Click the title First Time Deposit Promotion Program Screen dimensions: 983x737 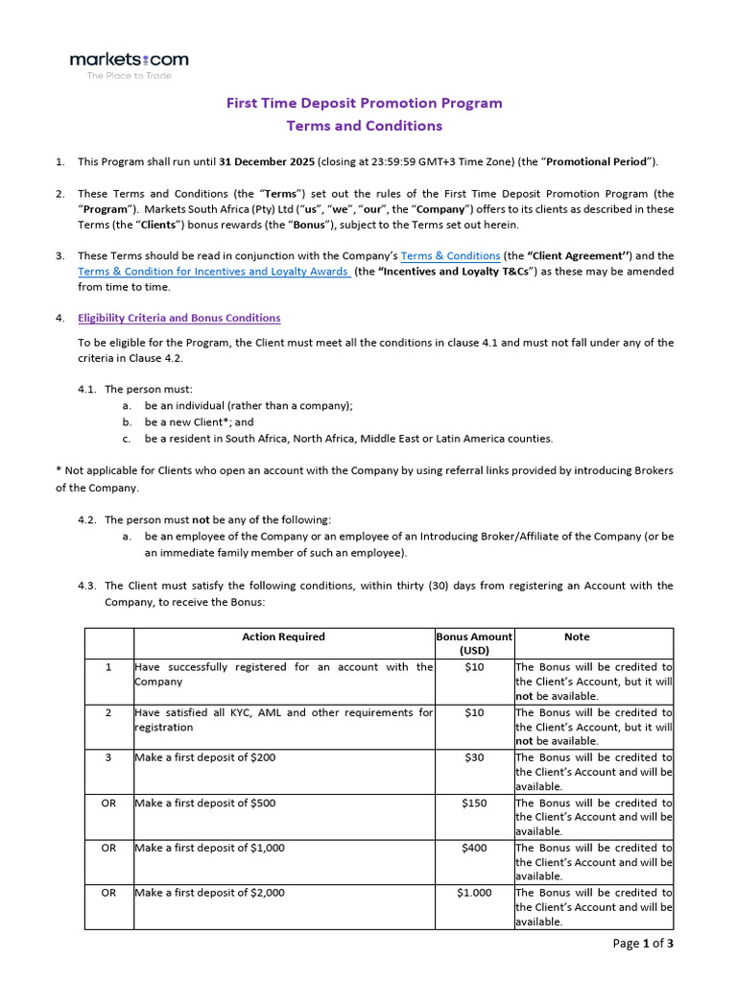click(364, 103)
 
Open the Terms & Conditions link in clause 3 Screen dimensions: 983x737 click(450, 255)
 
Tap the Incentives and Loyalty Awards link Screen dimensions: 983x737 click(213, 271)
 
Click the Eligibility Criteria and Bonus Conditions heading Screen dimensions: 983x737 click(179, 318)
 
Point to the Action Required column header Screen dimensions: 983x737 click(283, 636)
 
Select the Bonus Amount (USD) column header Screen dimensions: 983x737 click(474, 643)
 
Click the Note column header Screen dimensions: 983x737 click(577, 636)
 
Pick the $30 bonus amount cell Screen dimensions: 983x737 click(474, 757)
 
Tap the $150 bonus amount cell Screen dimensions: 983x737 click(474, 803)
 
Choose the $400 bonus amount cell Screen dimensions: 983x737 click(474, 848)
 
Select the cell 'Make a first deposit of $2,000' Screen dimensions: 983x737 click(209, 893)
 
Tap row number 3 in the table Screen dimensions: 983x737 click(108, 757)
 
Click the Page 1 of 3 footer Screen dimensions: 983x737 click(643, 943)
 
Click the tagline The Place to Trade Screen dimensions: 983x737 click(129, 76)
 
